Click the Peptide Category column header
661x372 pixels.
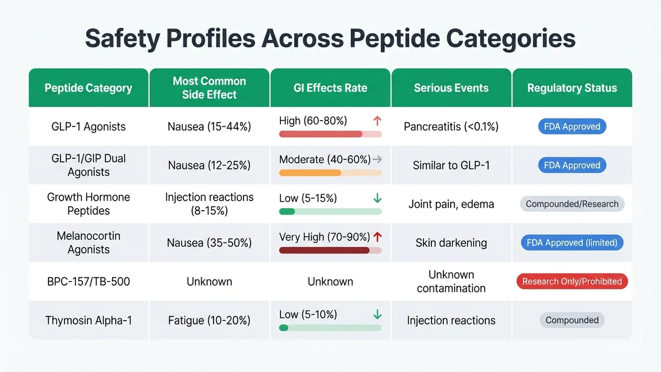[88, 88]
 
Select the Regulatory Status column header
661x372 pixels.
[572, 88]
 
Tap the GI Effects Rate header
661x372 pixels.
[330, 88]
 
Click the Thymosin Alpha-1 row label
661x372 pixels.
[88, 320]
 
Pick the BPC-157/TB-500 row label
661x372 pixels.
[88, 282]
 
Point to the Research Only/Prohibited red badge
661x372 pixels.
[572, 282]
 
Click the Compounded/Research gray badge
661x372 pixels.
[572, 204]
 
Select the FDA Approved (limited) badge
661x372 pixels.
[572, 242]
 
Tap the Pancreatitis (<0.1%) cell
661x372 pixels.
[451, 127]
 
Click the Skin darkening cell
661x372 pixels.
[451, 242]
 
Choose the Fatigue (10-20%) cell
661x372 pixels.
[209, 320]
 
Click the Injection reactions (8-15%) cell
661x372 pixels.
[209, 204]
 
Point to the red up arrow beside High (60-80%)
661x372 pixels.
[377, 121]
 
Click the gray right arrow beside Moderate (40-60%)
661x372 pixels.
[377, 160]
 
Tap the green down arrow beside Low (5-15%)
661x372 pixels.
[377, 198]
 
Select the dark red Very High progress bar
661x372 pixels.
[324, 250]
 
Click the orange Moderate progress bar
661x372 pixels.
[310, 172]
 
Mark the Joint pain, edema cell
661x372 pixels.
[451, 204]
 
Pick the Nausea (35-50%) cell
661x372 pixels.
[209, 242]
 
